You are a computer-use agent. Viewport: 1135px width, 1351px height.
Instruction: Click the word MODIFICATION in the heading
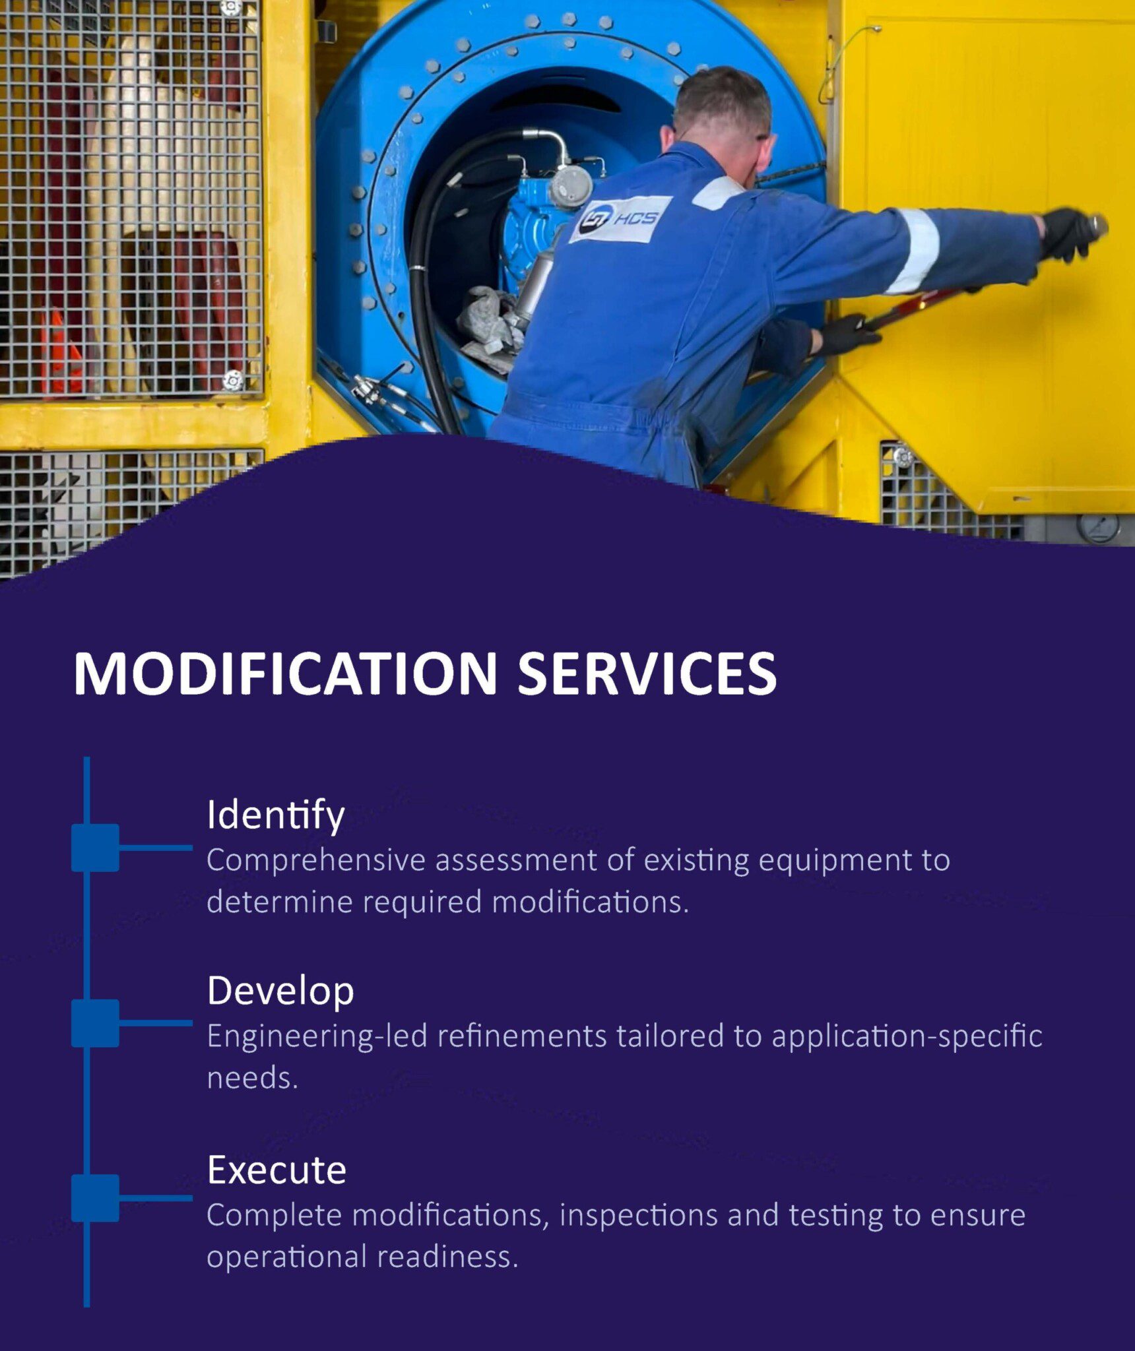pos(285,673)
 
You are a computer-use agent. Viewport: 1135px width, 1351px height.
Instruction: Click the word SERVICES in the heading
pos(647,673)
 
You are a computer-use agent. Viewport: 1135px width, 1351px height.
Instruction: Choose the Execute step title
pos(276,1170)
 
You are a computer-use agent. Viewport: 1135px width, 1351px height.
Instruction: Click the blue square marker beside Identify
pos(96,848)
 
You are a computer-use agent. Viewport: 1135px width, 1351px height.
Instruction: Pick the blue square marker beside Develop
pos(96,1023)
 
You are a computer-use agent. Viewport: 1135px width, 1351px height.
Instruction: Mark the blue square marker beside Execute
pos(96,1198)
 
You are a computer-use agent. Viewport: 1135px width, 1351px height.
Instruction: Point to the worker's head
pos(723,122)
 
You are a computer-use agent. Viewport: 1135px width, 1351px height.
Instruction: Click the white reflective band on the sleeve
pos(914,251)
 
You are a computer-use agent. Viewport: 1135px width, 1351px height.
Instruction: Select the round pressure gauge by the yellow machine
pos(1098,528)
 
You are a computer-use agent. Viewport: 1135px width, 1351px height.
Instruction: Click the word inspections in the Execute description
pos(638,1215)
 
